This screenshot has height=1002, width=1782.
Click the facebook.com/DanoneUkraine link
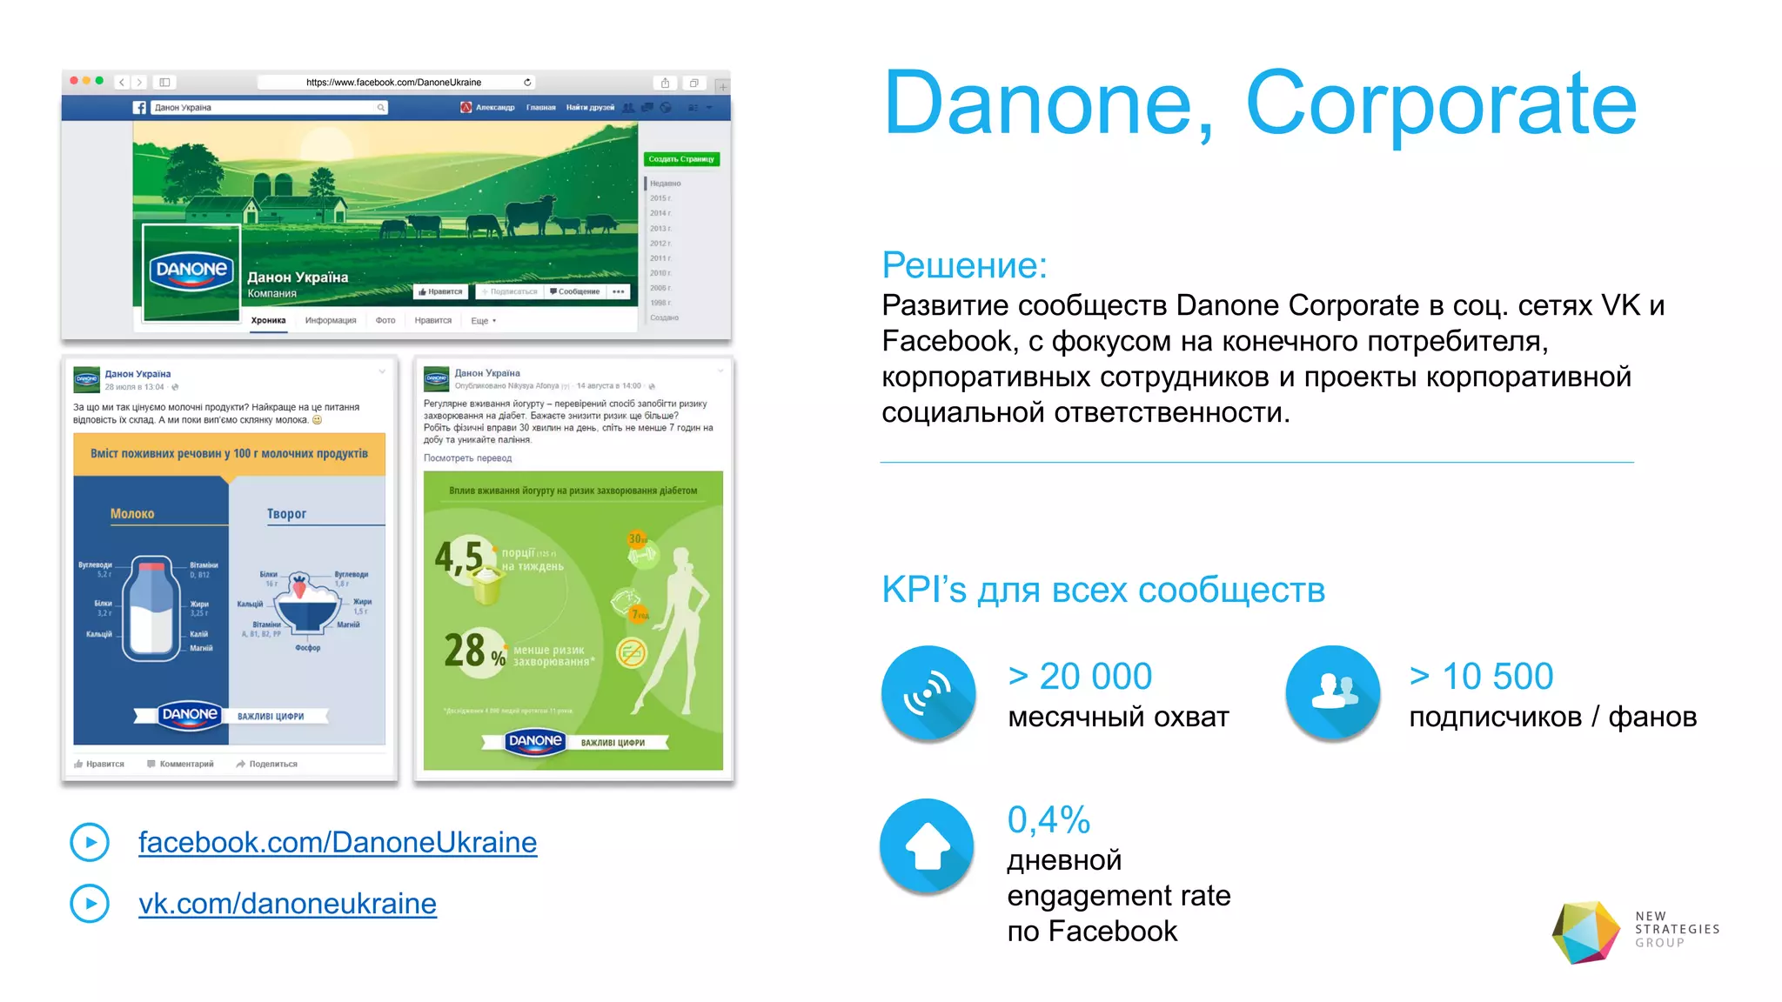337,842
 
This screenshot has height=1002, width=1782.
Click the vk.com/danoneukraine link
287,904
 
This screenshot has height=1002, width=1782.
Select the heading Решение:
964,265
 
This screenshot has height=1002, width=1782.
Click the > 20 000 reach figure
1080,676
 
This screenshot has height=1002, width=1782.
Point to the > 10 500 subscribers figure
1481,676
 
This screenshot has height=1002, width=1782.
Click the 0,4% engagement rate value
1048,819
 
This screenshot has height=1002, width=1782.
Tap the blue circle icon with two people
1333,692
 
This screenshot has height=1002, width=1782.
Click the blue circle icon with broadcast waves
928,692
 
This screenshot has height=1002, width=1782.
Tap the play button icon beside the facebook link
90,842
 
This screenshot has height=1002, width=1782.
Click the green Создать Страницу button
681,159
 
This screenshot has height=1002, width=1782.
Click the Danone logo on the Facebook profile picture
191,271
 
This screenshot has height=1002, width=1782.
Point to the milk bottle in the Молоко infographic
151,608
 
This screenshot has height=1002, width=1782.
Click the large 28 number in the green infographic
465,650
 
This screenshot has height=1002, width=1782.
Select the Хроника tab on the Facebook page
268,320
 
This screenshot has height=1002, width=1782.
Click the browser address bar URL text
393,83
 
